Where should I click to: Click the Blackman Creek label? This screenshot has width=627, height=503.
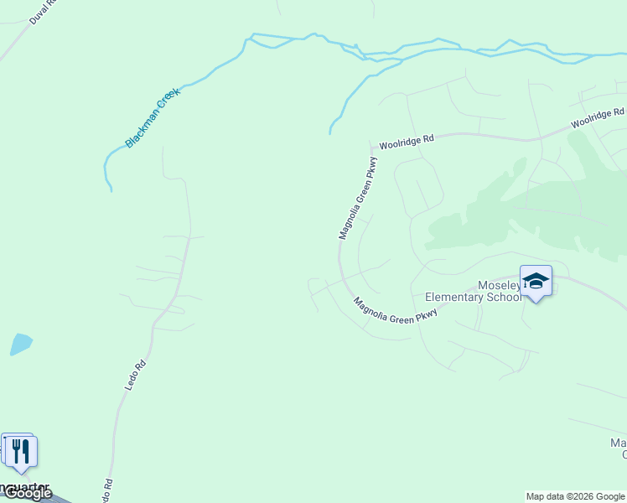[x=153, y=118]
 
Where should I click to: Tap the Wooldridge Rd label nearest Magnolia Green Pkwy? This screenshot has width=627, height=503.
[x=407, y=142]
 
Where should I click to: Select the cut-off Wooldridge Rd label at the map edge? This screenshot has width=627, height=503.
[x=598, y=117]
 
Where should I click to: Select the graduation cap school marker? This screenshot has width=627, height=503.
[x=536, y=282]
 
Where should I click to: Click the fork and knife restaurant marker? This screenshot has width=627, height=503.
[x=21, y=453]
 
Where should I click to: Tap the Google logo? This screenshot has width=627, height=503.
[x=27, y=494]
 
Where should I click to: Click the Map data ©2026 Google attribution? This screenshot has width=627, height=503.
[x=575, y=496]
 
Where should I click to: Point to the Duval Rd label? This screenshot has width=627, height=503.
[x=44, y=12]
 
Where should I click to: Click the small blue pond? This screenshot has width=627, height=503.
[x=21, y=344]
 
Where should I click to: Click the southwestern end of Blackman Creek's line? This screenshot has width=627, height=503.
[x=111, y=190]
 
